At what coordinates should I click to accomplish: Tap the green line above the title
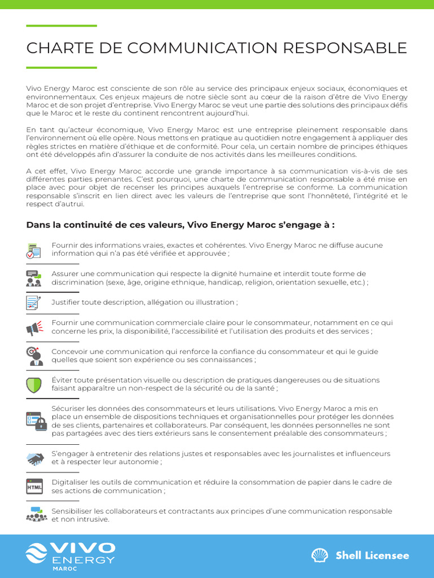[62, 26]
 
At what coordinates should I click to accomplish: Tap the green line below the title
[62, 68]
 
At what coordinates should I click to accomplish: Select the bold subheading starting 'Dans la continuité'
[180, 225]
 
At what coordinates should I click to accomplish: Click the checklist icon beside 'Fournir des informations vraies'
[34, 250]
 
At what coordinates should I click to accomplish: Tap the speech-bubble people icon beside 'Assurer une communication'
[34, 278]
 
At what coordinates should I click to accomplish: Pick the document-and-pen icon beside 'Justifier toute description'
[34, 303]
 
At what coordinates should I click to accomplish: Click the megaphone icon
[34, 327]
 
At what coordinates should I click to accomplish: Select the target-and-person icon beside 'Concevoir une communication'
[34, 356]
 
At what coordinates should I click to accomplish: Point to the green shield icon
[34, 384]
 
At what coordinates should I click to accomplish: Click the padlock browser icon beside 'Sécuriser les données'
[36, 421]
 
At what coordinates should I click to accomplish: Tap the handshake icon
[35, 458]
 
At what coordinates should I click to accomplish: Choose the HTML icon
[34, 486]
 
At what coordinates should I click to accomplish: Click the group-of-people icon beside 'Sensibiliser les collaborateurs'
[36, 514]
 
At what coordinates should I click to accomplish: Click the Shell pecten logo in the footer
[320, 555]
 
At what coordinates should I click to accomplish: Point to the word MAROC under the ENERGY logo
[64, 569]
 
